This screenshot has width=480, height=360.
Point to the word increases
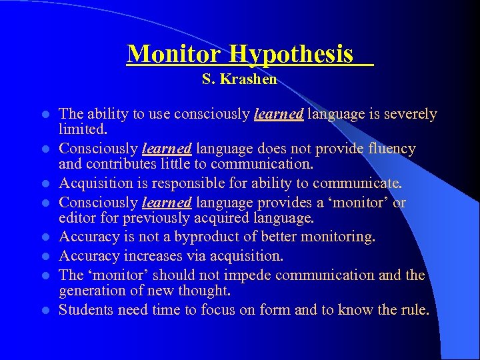[x=142, y=256]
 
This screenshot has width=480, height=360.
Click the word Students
[x=84, y=310]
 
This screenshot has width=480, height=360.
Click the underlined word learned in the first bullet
[x=279, y=115]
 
